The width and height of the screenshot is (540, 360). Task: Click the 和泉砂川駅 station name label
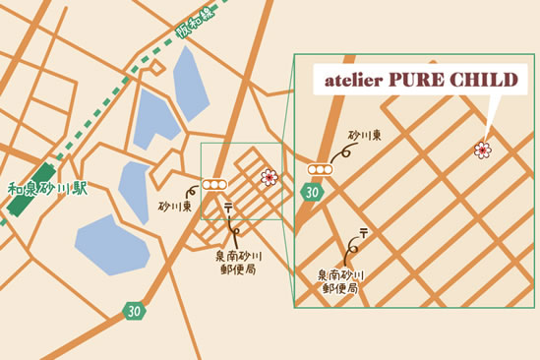coord(48,187)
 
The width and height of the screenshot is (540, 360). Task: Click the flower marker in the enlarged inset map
coord(482,150)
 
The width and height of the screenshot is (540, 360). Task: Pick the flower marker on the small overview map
coord(268,177)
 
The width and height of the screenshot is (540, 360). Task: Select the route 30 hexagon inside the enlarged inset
coord(312,192)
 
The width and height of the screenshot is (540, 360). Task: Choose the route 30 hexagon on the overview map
coord(133,311)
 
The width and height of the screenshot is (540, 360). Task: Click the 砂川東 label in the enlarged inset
coord(363,134)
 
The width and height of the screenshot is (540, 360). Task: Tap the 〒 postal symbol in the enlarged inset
coord(363,232)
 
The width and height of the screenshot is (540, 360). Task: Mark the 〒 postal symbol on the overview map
coord(228,207)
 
